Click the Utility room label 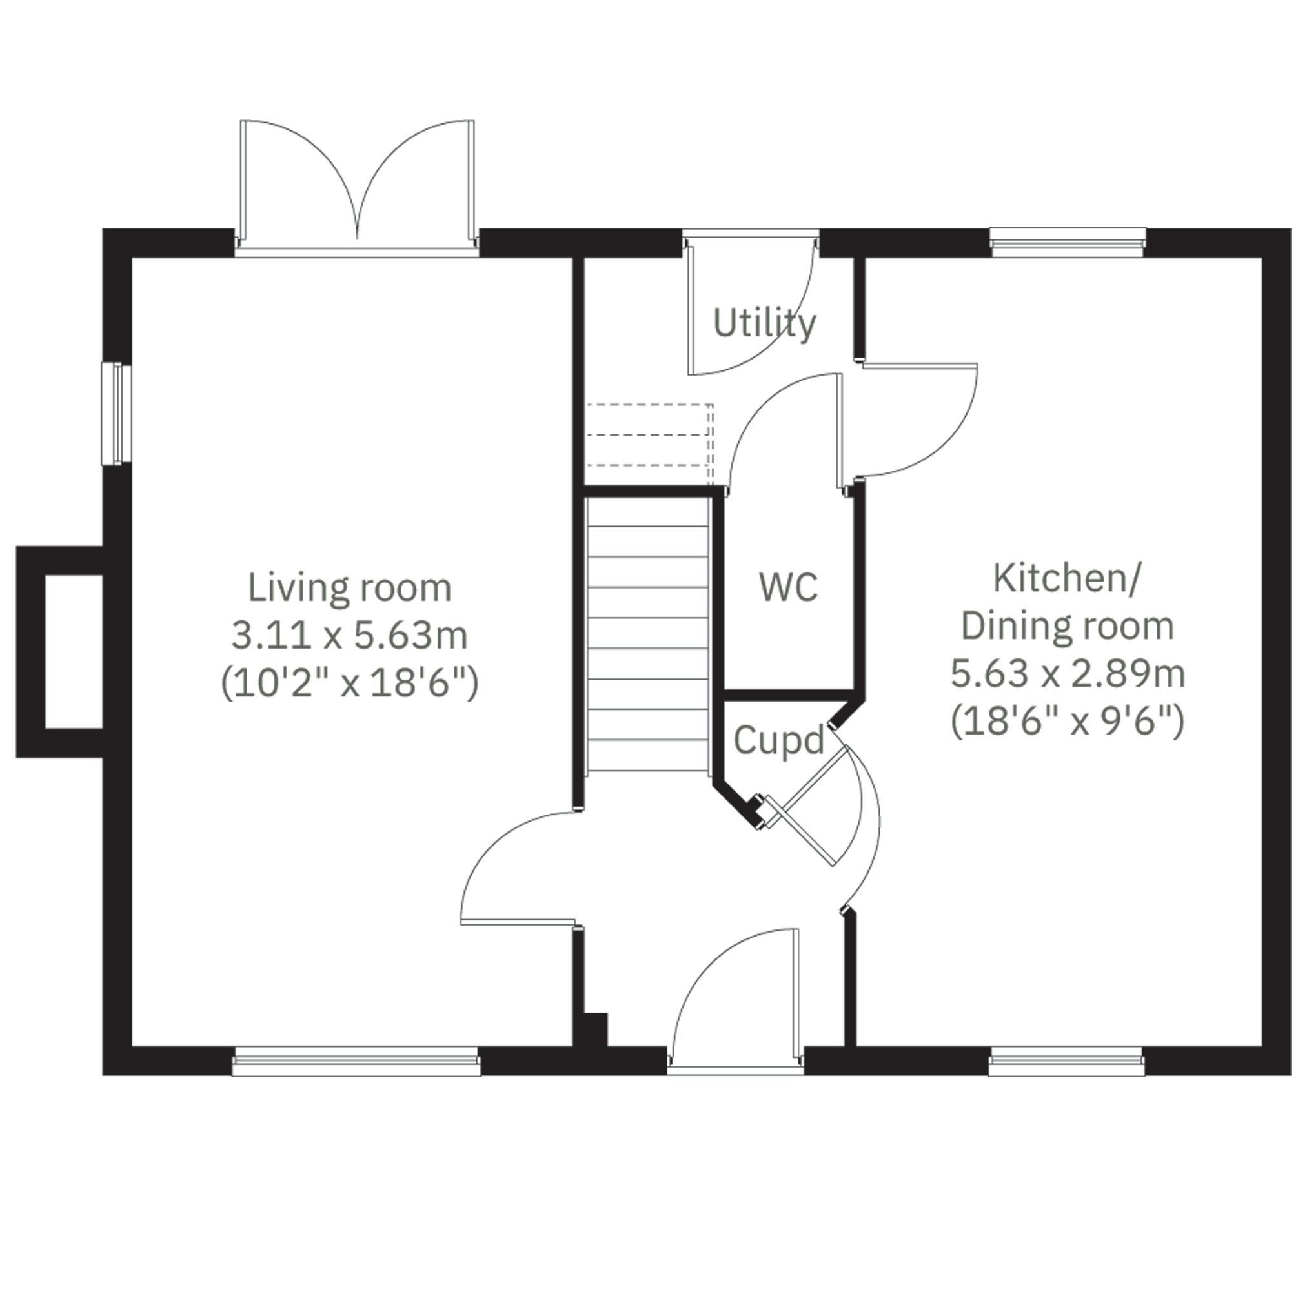coord(764,325)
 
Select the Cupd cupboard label coord(778,742)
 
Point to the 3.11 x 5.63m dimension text coord(350,635)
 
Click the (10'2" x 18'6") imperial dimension coord(350,684)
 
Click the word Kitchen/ coord(1066,578)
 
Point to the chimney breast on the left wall coord(59,651)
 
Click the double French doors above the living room coord(357,186)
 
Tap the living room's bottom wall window coord(356,1060)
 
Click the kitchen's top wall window coord(1068,242)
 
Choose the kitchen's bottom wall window coord(1067,1060)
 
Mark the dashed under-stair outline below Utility coord(649,443)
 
